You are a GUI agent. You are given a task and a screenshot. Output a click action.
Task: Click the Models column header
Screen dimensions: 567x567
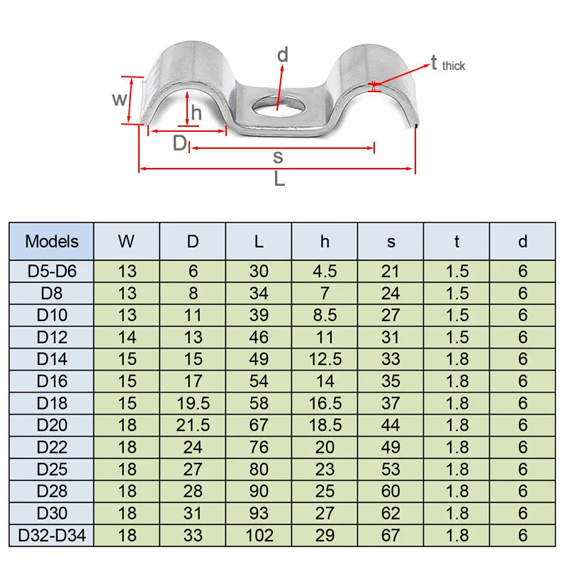tap(52, 241)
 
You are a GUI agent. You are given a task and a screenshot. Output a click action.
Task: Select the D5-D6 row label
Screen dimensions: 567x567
tap(52, 271)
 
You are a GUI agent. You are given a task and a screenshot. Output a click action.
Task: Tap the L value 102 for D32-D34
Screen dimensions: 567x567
tap(259, 536)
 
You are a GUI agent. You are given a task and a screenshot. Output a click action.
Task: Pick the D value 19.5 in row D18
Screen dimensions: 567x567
tap(193, 403)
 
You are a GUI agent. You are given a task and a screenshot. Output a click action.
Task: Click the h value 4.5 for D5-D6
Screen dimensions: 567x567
tap(325, 271)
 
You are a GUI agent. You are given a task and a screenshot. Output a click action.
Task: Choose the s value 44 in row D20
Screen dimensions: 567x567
tap(391, 425)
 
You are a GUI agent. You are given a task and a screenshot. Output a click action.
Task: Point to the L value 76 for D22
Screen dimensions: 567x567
tap(259, 447)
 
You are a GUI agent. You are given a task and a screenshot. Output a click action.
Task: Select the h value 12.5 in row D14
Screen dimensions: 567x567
tap(325, 359)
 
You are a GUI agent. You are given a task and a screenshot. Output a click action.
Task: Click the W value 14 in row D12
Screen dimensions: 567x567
tap(126, 337)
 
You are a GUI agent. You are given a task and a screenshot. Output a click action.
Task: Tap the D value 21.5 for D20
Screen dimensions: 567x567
tap(193, 425)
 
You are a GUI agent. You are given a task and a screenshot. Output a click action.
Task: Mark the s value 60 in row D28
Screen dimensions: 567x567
tap(391, 492)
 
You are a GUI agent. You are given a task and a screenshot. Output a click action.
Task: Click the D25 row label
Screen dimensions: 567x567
tap(52, 469)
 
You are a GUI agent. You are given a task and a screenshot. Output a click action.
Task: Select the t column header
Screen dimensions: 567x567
tap(456, 241)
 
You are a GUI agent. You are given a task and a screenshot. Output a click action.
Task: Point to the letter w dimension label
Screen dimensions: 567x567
tap(120, 99)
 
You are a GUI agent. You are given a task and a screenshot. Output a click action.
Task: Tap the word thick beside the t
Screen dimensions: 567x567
tap(454, 66)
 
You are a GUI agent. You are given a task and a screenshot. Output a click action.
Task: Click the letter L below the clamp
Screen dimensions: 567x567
tap(279, 180)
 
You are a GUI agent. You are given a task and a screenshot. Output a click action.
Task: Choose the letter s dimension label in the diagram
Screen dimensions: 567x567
tap(278, 157)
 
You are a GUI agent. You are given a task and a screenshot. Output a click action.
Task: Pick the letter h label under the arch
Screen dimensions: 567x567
tap(196, 113)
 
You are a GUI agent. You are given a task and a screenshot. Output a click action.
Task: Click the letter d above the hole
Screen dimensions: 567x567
tap(283, 55)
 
